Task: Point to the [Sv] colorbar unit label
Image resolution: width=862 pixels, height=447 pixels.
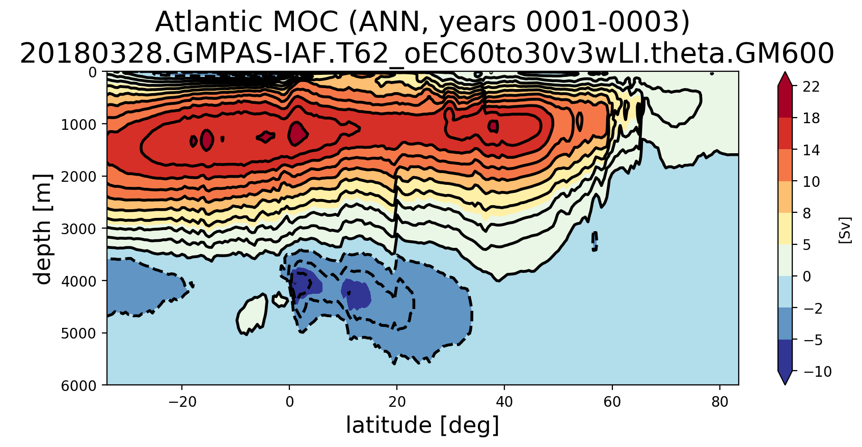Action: (x=845, y=230)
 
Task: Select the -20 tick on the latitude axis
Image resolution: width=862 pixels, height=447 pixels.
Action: (x=182, y=402)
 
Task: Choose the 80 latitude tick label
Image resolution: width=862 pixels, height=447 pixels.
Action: (x=719, y=402)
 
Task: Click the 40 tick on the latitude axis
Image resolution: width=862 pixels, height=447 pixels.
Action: (x=504, y=402)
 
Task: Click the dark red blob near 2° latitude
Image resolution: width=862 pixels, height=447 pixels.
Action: (x=297, y=133)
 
